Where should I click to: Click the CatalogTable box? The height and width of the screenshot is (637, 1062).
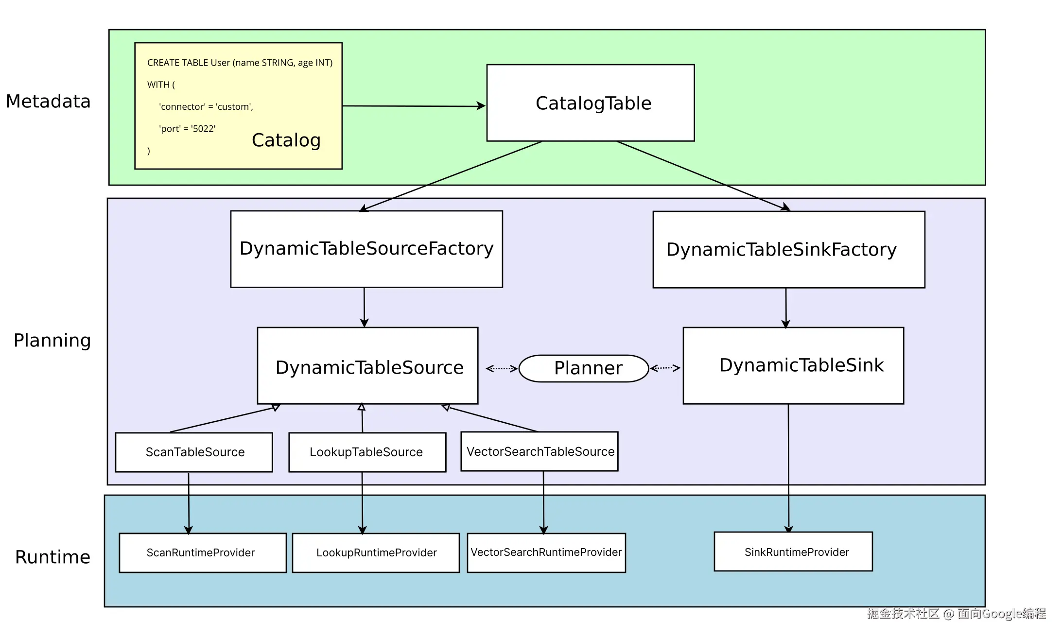coord(590,103)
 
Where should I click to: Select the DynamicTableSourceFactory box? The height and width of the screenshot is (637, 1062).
coord(366,249)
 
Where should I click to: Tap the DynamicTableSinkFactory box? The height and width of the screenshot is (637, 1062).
coord(788,250)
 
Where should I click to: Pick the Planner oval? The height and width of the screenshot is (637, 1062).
coord(584,368)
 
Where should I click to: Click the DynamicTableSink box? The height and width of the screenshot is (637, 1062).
coord(793,365)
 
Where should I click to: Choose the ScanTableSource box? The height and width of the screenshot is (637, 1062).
coord(194,452)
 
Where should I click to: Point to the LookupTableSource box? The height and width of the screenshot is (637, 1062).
coord(367,452)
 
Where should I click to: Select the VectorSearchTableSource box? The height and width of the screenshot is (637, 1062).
coord(540,451)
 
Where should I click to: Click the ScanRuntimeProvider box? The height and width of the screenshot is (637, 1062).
coord(202,553)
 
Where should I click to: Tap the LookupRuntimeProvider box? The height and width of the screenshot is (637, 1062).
coord(376,553)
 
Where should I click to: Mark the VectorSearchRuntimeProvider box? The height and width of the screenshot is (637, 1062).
coord(546,552)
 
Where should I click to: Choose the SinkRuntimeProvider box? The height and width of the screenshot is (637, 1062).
coord(793,552)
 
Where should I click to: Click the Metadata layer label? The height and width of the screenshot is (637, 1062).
coord(48,101)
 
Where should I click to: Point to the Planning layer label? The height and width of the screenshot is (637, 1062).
coord(52,340)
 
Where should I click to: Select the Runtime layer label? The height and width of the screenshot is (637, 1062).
coord(52,557)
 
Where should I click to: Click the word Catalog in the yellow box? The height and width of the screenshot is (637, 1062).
coord(286,140)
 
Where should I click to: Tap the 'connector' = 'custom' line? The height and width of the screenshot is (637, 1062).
coord(206,107)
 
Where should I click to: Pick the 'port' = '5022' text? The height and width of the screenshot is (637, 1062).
coord(187,129)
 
